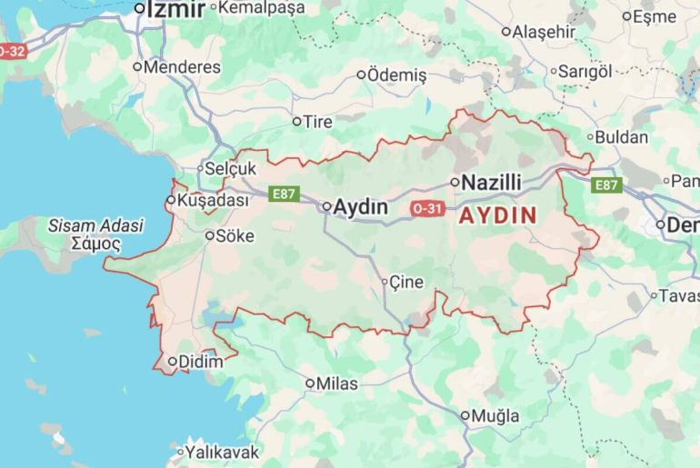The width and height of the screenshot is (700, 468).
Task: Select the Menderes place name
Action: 182,67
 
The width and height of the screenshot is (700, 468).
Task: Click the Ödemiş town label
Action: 396,75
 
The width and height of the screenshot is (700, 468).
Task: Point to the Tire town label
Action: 317,122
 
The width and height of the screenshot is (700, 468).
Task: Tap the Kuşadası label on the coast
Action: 212,201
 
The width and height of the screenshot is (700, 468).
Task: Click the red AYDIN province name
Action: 497,216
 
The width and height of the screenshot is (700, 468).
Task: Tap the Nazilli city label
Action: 491,183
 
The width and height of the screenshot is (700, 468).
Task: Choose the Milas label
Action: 336,384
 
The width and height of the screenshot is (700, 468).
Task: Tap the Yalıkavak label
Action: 222,452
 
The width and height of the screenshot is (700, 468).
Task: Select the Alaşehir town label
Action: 544,32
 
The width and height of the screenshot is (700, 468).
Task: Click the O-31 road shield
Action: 426,208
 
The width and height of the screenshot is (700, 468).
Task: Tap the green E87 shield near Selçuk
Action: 285,194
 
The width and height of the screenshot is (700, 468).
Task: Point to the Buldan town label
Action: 623,138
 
